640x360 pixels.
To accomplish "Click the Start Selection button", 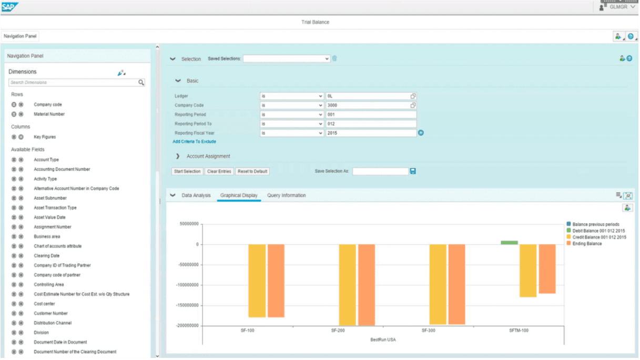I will (188, 171).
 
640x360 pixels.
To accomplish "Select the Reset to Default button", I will (252, 171).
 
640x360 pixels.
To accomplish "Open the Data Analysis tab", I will (196, 196).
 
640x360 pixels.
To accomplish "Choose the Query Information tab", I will (286, 196).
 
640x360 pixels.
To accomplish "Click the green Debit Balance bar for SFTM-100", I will (509, 242).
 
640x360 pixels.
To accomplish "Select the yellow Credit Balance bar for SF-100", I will (257, 281).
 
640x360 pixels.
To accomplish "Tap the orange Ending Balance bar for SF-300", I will (456, 284).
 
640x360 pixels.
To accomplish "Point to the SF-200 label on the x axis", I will (338, 331).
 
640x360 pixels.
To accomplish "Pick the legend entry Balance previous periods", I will (595, 224).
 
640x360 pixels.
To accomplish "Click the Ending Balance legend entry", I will (587, 243).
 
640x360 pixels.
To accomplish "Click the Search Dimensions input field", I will (73, 83).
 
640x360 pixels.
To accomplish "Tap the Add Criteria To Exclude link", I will (194, 142).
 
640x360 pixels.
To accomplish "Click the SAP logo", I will (11, 7).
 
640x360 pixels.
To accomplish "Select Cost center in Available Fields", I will (44, 304).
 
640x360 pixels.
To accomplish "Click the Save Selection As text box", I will (380, 171).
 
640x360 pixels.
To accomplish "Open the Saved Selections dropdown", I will (286, 59).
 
